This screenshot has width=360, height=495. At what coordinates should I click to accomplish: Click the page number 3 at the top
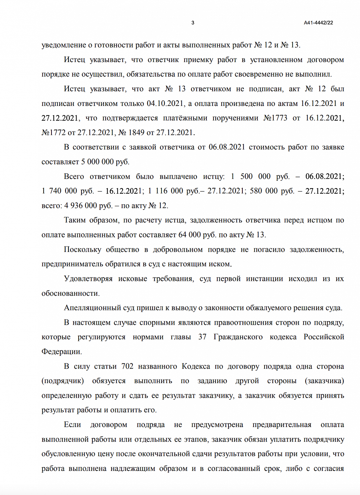tap(193, 23)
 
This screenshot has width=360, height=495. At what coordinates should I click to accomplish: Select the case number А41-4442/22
tap(318, 23)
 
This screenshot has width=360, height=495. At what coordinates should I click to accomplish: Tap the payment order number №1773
tap(275, 118)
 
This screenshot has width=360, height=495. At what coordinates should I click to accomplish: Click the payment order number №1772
tap(54, 133)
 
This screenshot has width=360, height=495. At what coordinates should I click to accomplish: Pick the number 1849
tap(136, 133)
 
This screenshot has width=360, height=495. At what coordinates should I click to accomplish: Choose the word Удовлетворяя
tap(88, 279)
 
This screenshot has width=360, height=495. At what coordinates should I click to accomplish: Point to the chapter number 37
tap(202, 337)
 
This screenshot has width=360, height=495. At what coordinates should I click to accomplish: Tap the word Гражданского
tap(238, 337)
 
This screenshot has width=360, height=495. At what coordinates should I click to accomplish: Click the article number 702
tap(127, 366)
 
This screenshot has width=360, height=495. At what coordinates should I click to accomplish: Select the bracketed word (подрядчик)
tap(63, 381)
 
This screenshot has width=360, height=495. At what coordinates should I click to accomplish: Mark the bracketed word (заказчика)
tap(324, 381)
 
